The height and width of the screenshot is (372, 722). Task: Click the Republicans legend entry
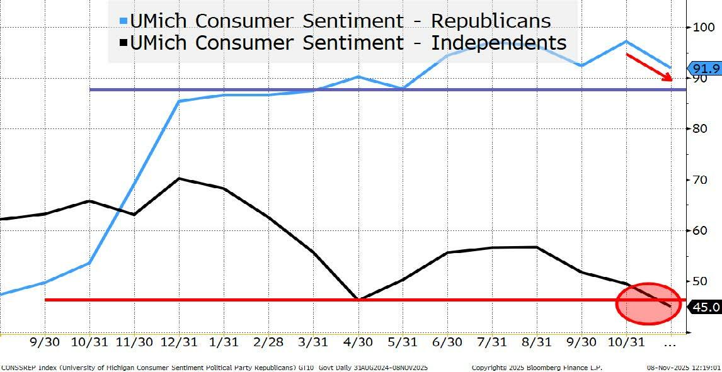[340, 20]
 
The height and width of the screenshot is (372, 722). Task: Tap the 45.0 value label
[704, 307]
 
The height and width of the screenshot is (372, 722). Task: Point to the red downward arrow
[649, 67]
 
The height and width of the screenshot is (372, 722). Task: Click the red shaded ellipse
[648, 303]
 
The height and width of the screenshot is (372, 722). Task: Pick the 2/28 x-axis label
[268, 342]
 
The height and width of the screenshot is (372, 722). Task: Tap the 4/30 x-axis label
[358, 342]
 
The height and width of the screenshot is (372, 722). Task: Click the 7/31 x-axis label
[493, 342]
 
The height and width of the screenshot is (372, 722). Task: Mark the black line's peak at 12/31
[179, 178]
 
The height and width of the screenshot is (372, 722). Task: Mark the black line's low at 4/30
[358, 300]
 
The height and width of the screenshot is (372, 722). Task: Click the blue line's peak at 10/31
[626, 42]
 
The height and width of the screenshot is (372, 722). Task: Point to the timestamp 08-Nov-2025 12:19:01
[683, 366]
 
